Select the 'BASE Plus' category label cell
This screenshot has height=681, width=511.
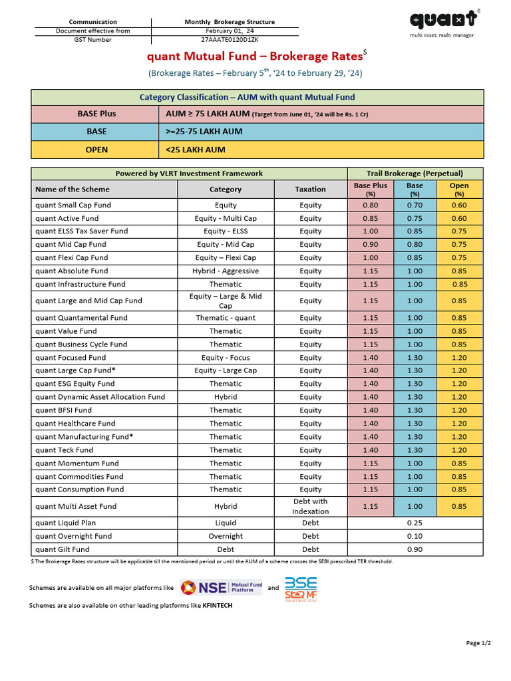pyautogui.click(x=96, y=114)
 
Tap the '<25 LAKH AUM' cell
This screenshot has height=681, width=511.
pyautogui.click(x=196, y=150)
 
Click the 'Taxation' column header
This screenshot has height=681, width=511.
pyautogui.click(x=310, y=189)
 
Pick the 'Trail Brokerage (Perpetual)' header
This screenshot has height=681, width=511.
pyautogui.click(x=415, y=173)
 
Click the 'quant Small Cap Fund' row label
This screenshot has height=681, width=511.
pyautogui.click(x=73, y=205)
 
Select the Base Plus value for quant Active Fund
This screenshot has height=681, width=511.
pyautogui.click(x=371, y=218)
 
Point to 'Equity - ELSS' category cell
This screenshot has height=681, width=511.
pyautogui.click(x=226, y=231)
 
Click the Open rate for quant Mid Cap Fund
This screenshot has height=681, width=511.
pyautogui.click(x=458, y=245)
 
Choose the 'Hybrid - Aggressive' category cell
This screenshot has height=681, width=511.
pyautogui.click(x=226, y=271)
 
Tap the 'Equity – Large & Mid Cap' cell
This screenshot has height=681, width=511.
pyautogui.click(x=226, y=301)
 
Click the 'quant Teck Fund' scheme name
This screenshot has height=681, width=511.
pyautogui.click(x=65, y=450)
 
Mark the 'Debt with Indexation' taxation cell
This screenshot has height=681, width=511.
pyautogui.click(x=310, y=506)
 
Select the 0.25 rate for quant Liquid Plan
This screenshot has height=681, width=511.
pyautogui.click(x=415, y=523)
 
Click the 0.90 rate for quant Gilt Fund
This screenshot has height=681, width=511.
pyautogui.click(x=415, y=550)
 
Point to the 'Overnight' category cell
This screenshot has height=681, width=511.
pyautogui.click(x=226, y=537)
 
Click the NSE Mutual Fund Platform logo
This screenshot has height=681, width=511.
pyautogui.click(x=221, y=588)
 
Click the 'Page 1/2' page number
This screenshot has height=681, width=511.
pyautogui.click(x=478, y=642)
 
